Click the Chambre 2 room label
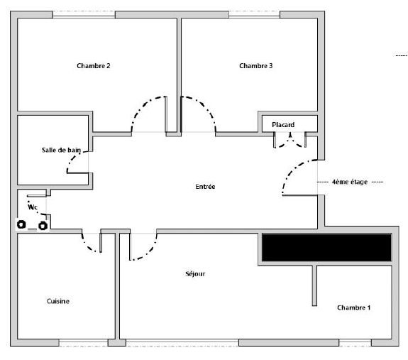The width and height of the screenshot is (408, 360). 94,66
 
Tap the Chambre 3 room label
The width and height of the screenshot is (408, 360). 255,66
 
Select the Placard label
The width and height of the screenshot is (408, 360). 283,125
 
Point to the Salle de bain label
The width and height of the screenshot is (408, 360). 62,150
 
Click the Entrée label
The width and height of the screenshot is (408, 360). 205,186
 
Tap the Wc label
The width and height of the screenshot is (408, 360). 33,207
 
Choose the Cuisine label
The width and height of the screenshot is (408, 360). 58,301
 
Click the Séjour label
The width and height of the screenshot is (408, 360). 195,274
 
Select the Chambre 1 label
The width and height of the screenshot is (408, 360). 353,307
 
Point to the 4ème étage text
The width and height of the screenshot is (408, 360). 350,182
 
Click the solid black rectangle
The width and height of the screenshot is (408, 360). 326,247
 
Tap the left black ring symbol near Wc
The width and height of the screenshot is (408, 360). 21,224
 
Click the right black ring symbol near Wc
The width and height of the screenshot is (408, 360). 43,226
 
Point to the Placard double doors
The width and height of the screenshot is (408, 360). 290,141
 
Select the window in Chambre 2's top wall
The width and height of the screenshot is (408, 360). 84,15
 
